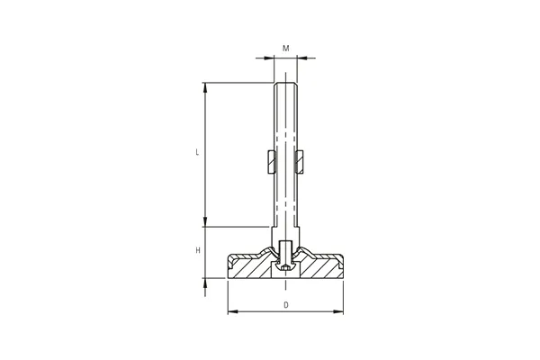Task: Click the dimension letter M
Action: coord(286,49)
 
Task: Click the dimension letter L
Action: coord(197,152)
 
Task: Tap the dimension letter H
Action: coord(198,250)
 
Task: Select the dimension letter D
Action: coord(286,305)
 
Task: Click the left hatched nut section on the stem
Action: coord(272,162)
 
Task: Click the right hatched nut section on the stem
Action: coord(300,162)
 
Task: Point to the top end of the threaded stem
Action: coord(285,83)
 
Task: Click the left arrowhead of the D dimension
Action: coord(233,311)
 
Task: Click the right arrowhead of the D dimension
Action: coord(338,311)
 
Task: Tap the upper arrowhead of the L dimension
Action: coord(205,88)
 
